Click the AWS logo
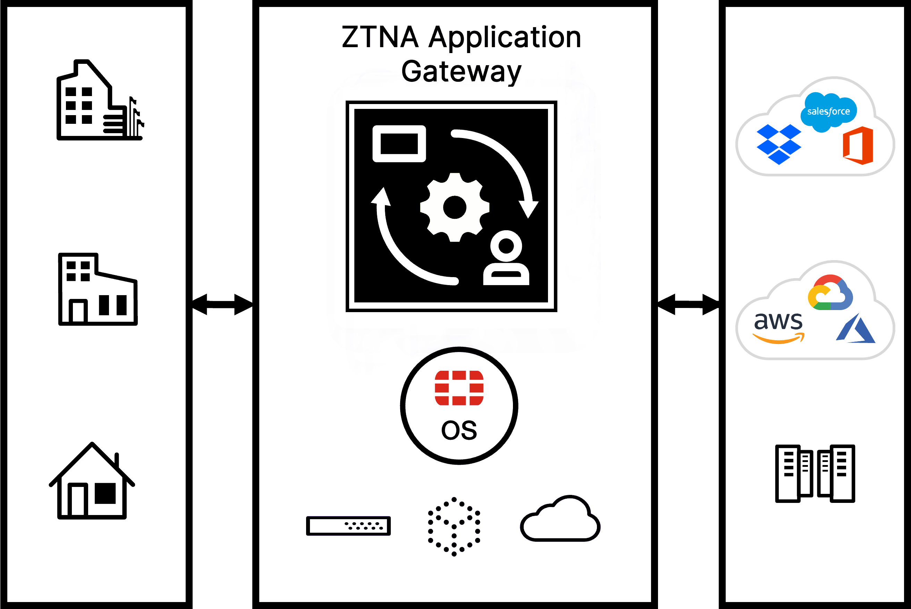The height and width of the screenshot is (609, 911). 778,327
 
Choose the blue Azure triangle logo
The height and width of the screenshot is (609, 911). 857,329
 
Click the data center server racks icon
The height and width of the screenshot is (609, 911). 815,473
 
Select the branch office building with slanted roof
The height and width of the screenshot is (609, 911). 98,289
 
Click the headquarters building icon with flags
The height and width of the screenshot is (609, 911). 99,101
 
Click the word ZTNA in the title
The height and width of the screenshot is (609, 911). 380,37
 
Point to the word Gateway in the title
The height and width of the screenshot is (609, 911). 461,72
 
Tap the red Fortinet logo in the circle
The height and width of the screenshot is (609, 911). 459,388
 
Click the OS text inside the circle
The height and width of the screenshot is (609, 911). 459,430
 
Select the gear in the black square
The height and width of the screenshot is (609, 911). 454,207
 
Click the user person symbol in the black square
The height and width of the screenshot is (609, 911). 506,258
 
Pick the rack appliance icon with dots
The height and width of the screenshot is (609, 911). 348,526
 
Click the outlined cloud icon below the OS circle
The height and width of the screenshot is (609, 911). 560,519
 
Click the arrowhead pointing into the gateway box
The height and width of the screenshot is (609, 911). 243,304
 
